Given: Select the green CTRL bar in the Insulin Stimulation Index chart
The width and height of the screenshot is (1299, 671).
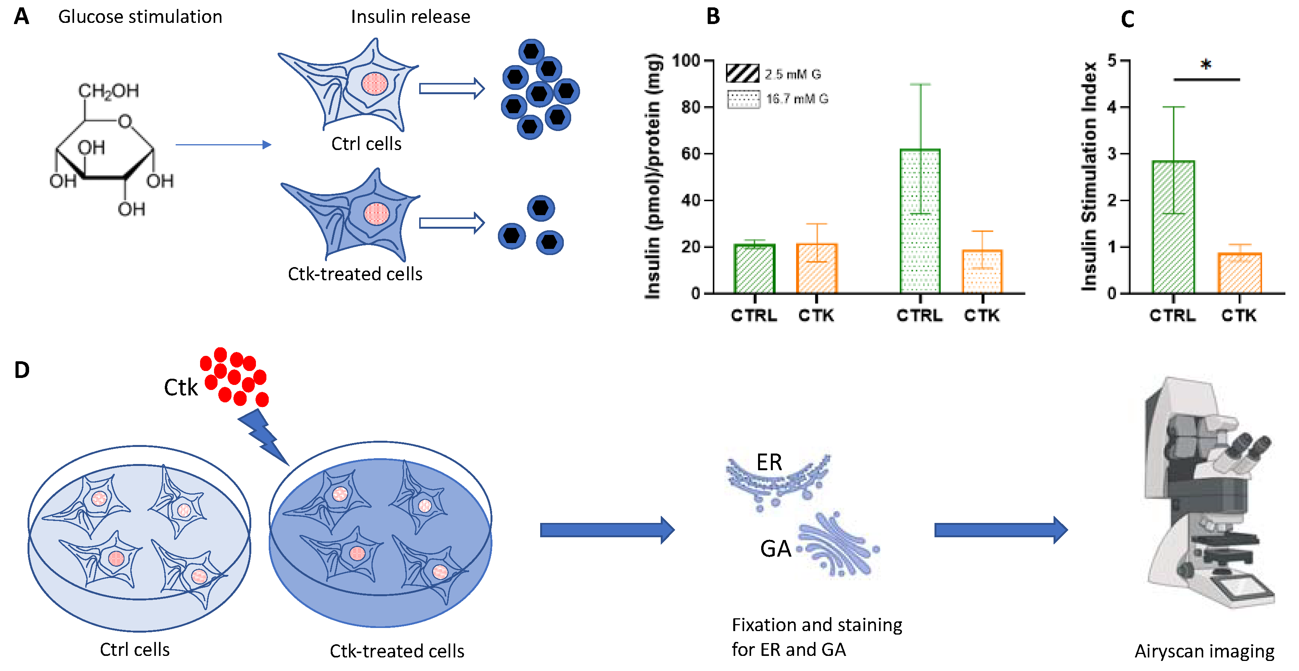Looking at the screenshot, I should (1173, 227).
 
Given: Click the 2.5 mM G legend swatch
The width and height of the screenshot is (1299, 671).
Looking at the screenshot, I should (742, 74).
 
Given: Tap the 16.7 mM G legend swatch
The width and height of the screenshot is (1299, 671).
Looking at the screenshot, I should (743, 99).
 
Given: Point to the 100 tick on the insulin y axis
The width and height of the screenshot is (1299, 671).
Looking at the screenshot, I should (687, 61).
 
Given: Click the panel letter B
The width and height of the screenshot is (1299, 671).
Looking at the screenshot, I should (713, 17).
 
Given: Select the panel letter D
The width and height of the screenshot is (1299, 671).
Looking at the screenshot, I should (22, 370).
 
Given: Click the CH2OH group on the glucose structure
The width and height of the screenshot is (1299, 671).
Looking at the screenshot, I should (109, 91).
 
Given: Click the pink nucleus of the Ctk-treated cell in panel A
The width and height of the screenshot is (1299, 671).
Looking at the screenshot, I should (376, 214).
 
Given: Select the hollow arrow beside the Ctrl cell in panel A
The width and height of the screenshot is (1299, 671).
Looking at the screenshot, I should (451, 89).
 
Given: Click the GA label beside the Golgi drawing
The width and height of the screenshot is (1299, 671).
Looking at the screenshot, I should (775, 549).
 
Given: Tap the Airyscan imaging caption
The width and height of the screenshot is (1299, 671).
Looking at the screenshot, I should (1204, 651).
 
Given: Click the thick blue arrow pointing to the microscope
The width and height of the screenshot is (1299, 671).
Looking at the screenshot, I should (1000, 530).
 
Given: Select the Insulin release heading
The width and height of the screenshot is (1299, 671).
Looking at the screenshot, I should (411, 17).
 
